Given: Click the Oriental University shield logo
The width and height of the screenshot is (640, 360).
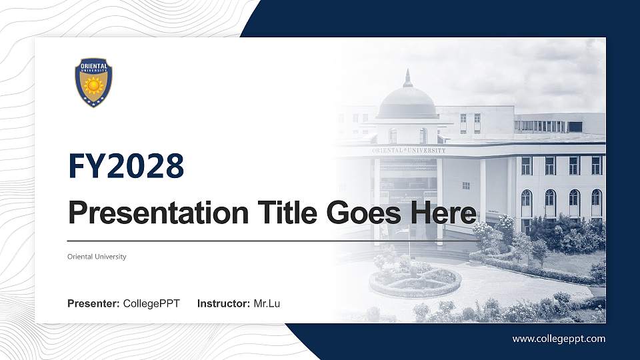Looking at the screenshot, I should point(93,82).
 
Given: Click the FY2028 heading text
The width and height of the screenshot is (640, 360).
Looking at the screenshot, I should point(126,165).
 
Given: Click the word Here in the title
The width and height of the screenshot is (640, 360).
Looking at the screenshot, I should point(444,213).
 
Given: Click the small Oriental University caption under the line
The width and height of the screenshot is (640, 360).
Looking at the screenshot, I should point(97,257).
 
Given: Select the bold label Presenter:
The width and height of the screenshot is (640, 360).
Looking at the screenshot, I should point(93,304).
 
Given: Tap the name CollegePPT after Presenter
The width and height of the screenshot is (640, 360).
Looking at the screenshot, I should point(151,304).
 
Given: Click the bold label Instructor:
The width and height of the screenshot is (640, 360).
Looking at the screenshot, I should point(224,304).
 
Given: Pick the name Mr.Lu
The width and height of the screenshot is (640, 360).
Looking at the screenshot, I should point(267,304).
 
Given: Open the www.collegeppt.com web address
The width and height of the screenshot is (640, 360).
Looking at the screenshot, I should point(559,339).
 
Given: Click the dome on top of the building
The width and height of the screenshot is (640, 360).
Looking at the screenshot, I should point(407,103).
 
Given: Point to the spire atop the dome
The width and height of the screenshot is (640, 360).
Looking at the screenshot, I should point(407,77).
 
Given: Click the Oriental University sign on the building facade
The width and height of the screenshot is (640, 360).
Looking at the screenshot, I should point(409,151).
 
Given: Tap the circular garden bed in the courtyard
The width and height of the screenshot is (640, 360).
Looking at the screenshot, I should point(415,280).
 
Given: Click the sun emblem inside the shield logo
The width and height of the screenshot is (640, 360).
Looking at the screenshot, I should point(93,85).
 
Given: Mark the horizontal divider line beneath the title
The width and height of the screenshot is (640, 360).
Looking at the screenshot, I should point(267,241).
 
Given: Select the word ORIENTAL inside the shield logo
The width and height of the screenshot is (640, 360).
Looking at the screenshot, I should point(93,66).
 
